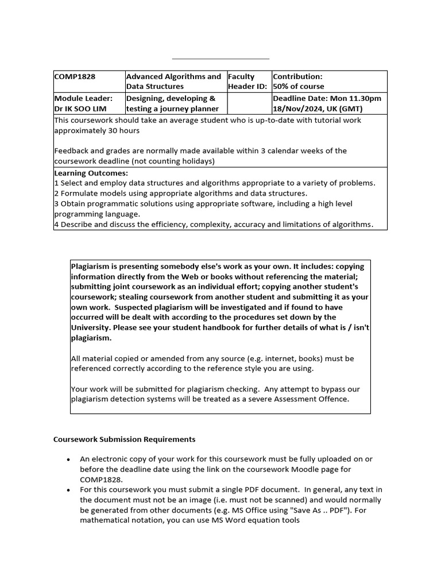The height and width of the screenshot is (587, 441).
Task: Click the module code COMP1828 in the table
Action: click(x=75, y=76)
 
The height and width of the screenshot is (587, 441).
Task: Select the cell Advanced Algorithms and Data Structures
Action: click(x=173, y=81)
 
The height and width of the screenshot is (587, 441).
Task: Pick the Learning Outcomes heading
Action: click(x=91, y=173)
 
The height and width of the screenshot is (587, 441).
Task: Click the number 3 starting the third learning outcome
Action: click(x=56, y=204)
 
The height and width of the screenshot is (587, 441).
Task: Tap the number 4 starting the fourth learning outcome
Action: click(x=56, y=224)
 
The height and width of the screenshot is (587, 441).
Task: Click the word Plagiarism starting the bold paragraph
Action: click(x=91, y=267)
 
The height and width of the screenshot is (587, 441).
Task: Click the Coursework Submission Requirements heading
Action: click(x=124, y=439)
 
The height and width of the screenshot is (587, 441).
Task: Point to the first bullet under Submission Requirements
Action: click(x=68, y=459)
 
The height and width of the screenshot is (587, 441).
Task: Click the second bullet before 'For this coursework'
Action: click(x=68, y=490)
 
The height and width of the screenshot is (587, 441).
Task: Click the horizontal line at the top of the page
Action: click(x=220, y=58)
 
